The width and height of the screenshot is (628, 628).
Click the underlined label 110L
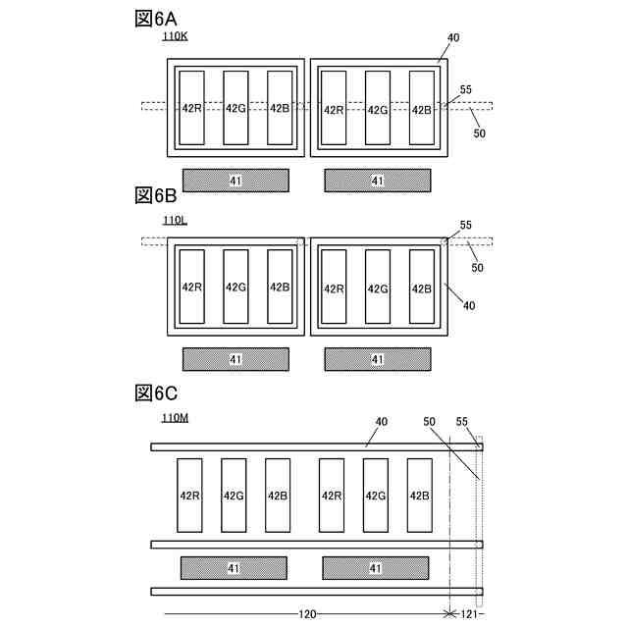(175, 220)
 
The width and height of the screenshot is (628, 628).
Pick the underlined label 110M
(177, 418)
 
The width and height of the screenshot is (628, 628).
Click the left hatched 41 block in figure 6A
(235, 180)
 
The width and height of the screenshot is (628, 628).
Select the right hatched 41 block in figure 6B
(378, 359)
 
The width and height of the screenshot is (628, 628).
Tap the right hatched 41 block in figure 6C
(376, 568)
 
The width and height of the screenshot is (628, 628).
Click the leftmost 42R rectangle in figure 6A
(191, 108)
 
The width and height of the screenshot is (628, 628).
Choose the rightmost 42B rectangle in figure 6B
(421, 288)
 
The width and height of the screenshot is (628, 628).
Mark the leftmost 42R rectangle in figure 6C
(189, 496)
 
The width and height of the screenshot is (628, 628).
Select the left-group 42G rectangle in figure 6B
(235, 288)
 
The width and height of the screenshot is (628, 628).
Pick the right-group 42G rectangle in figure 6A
(378, 108)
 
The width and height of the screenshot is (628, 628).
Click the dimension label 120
(307, 613)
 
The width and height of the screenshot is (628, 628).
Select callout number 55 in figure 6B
(466, 225)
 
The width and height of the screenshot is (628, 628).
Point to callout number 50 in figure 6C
(429, 422)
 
